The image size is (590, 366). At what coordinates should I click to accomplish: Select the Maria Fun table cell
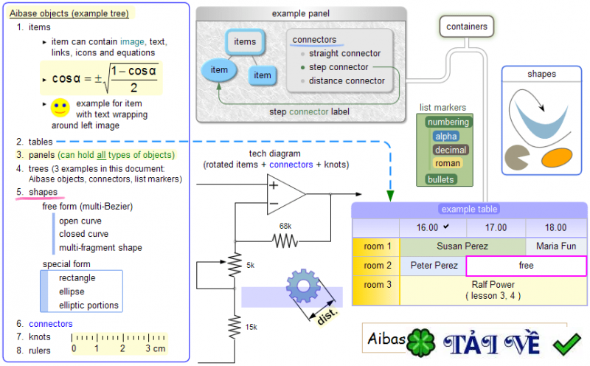point(557,246)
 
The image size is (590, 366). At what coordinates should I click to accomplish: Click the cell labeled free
point(526,265)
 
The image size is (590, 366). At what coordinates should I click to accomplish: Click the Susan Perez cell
point(462,246)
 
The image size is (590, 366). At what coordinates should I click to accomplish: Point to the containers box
point(467,27)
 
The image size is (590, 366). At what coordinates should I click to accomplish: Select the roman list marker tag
point(447,163)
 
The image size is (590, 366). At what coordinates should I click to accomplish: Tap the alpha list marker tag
point(446,137)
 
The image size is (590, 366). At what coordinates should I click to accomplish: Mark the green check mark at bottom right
point(566,343)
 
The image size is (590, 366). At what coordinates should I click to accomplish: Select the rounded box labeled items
point(245,42)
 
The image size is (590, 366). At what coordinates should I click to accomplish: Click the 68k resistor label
point(285,226)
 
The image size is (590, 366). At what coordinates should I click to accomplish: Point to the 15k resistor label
point(251,326)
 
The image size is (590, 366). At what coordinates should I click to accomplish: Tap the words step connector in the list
point(339,67)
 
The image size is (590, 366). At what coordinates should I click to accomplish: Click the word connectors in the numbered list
point(50,324)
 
